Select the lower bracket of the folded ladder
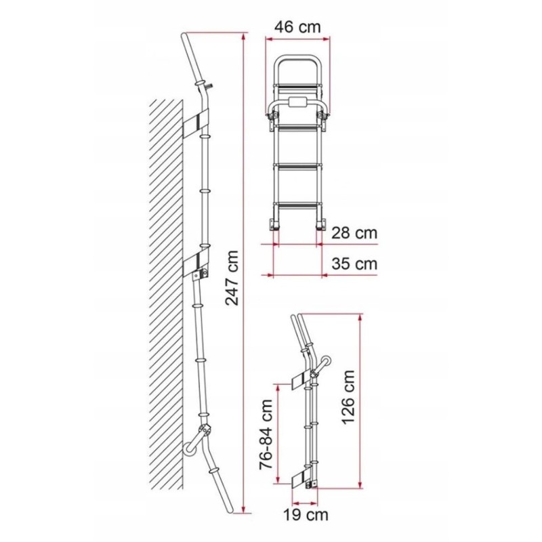point(299,480)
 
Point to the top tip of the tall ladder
point(185,36)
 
